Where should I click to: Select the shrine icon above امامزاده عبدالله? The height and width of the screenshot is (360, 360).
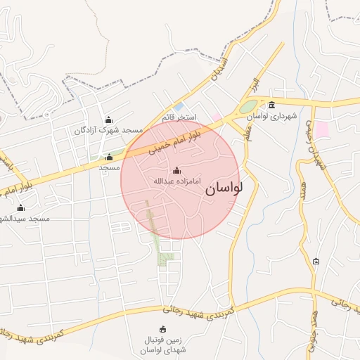pyautogui.click(x=176, y=171)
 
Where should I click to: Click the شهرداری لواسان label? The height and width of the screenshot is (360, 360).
pyautogui.click(x=272, y=115)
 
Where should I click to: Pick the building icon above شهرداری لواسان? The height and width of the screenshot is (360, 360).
pyautogui.click(x=272, y=105)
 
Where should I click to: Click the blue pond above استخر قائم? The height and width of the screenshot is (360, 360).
pyautogui.click(x=179, y=106)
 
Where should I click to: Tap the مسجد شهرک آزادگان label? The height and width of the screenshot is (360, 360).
pyautogui.click(x=108, y=131)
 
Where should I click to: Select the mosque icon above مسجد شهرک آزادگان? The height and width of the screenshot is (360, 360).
pyautogui.click(x=108, y=120)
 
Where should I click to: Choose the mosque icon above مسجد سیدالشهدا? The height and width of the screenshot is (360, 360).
pyautogui.click(x=20, y=208)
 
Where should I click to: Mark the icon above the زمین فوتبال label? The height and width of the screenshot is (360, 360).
pyautogui.click(x=163, y=329)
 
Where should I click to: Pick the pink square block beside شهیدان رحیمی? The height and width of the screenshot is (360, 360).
pyautogui.click(x=321, y=129)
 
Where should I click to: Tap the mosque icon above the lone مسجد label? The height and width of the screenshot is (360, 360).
pyautogui.click(x=109, y=157)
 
